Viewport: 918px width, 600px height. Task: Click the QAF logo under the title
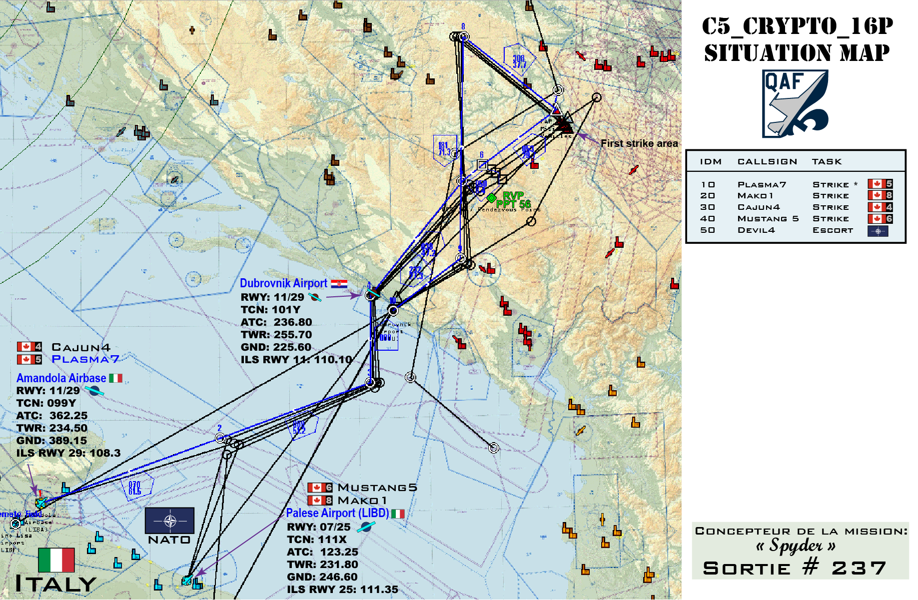click(795, 103)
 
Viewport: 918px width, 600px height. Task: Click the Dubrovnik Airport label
click(283, 283)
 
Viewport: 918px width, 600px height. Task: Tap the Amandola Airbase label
click(61, 378)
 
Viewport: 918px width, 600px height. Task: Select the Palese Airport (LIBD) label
click(337, 513)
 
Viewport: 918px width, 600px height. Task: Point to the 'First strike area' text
click(639, 143)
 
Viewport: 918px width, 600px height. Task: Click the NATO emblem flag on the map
click(169, 521)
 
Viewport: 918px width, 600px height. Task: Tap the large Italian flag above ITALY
click(56, 560)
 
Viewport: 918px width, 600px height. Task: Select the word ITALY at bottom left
click(56, 584)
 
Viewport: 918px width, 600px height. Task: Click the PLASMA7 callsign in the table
click(762, 185)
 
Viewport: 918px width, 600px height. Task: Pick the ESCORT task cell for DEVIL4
click(833, 230)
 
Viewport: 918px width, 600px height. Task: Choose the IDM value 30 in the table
click(708, 207)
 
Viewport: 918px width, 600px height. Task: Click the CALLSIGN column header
click(767, 162)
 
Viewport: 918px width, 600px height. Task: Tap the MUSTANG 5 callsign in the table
click(768, 219)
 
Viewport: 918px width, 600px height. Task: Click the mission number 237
click(859, 568)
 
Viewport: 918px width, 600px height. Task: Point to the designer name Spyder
click(796, 545)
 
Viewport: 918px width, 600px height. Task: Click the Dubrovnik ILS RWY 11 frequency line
click(296, 359)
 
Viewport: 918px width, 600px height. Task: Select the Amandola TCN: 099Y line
click(46, 403)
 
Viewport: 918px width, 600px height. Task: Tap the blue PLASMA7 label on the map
click(85, 359)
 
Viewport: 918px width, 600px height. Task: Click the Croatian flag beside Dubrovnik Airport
click(339, 283)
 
